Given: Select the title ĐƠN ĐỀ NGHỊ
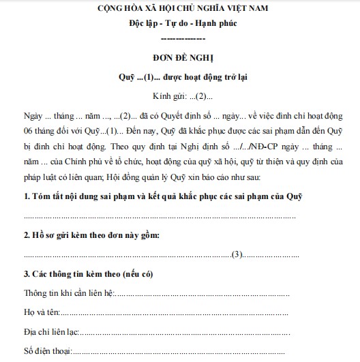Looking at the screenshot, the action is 180,58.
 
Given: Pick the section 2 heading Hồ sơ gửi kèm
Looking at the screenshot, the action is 92,235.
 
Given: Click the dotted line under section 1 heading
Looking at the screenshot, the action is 160,216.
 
